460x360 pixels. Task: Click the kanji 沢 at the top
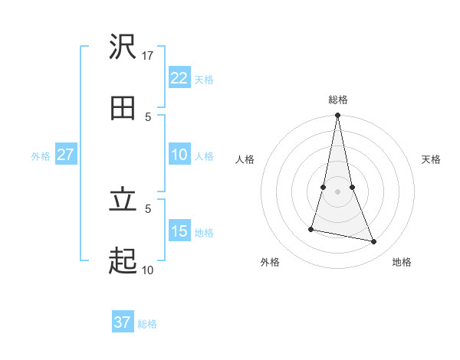[x=123, y=47]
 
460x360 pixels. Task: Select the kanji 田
[x=123, y=108]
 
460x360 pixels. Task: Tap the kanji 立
[x=123, y=200]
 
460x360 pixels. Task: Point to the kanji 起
[x=123, y=261]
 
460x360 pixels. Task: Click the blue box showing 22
[x=179, y=78]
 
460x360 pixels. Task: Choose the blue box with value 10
[x=179, y=155]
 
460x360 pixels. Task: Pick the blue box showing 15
[x=179, y=231]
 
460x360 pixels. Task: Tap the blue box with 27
[x=65, y=155]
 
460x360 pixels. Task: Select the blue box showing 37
[x=122, y=322]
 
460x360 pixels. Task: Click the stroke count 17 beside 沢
[x=148, y=55]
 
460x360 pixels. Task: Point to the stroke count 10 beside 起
[x=147, y=270]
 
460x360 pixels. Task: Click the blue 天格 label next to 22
[x=204, y=79]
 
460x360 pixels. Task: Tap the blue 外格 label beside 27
[x=41, y=155]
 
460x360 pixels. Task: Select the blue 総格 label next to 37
[x=147, y=323]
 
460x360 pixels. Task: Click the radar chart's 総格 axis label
[x=338, y=100]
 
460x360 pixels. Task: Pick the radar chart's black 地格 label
[x=402, y=262]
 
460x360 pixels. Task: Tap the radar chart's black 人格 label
[x=245, y=159]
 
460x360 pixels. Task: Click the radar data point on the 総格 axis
[x=337, y=116]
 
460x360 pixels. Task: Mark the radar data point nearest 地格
[x=374, y=242]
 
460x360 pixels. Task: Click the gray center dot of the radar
[x=337, y=191]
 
